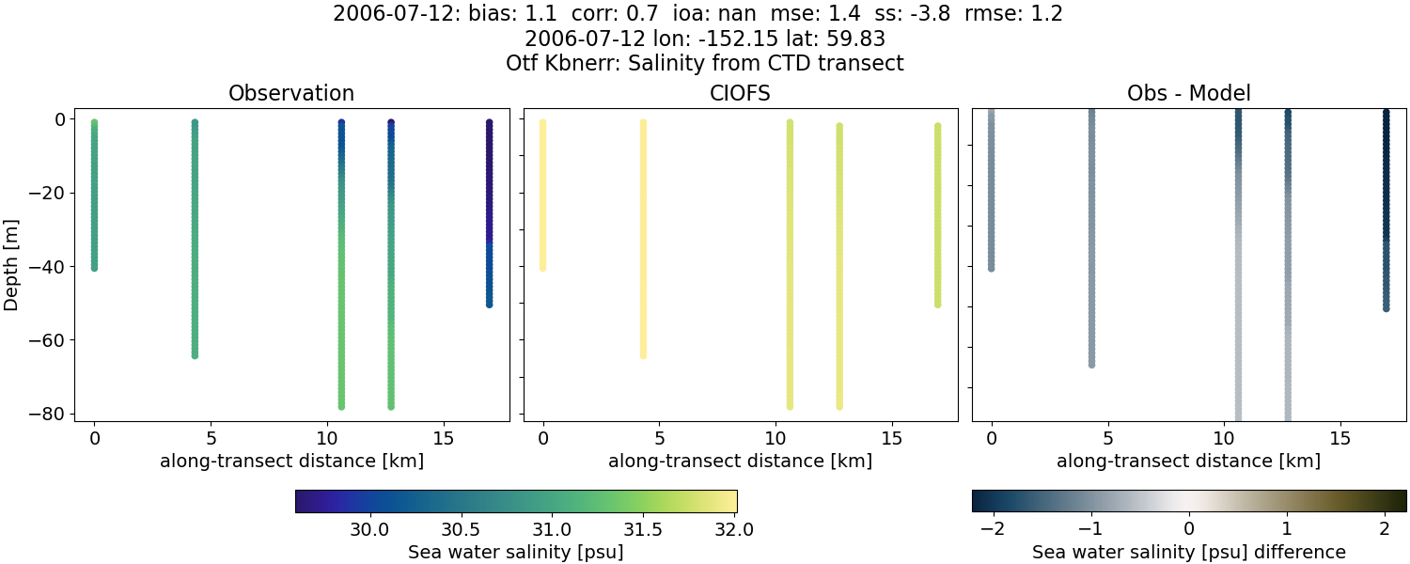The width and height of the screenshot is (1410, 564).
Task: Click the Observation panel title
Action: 291,94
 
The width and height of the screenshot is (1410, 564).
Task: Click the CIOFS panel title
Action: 740,94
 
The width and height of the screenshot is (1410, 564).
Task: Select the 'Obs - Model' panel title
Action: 1189,94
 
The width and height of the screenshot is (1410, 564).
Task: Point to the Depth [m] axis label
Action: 12,265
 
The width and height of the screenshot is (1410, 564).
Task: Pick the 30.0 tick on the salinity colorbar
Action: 369,529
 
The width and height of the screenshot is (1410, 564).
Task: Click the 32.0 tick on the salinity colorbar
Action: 734,529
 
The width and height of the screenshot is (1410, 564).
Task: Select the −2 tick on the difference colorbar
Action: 986,529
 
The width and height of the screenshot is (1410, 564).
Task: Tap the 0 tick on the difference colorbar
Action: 1189,529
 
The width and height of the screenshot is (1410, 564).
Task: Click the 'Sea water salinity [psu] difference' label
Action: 1189,552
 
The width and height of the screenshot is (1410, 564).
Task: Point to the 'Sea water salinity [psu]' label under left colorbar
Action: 515,552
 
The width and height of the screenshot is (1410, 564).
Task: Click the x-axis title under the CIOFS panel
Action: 740,462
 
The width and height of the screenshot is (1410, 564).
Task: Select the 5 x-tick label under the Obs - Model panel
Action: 1108,438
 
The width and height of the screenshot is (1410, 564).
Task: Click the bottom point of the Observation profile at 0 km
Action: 94,268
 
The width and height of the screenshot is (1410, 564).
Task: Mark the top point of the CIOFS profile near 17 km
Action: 937,126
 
